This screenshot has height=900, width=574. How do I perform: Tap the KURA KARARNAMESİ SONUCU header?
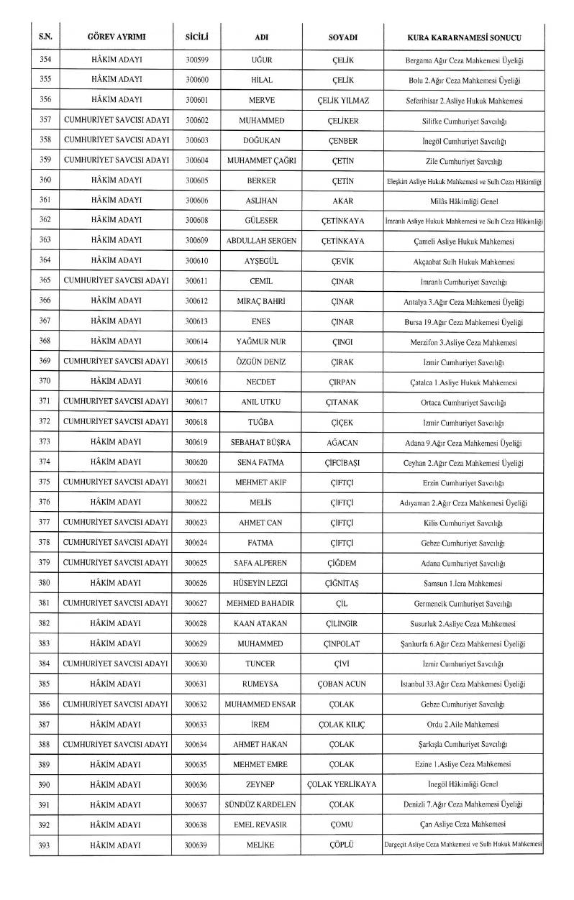tap(463, 37)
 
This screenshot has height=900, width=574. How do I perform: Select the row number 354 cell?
tap(45, 59)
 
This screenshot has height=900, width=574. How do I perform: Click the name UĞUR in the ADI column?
tap(262, 59)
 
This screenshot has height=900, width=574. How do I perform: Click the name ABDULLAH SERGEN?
tap(262, 241)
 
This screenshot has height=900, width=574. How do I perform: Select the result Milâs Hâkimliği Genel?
tap(463, 201)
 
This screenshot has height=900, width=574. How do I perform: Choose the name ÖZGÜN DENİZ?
tap(262, 362)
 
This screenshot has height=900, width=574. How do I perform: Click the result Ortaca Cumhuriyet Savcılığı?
tap(463, 402)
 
